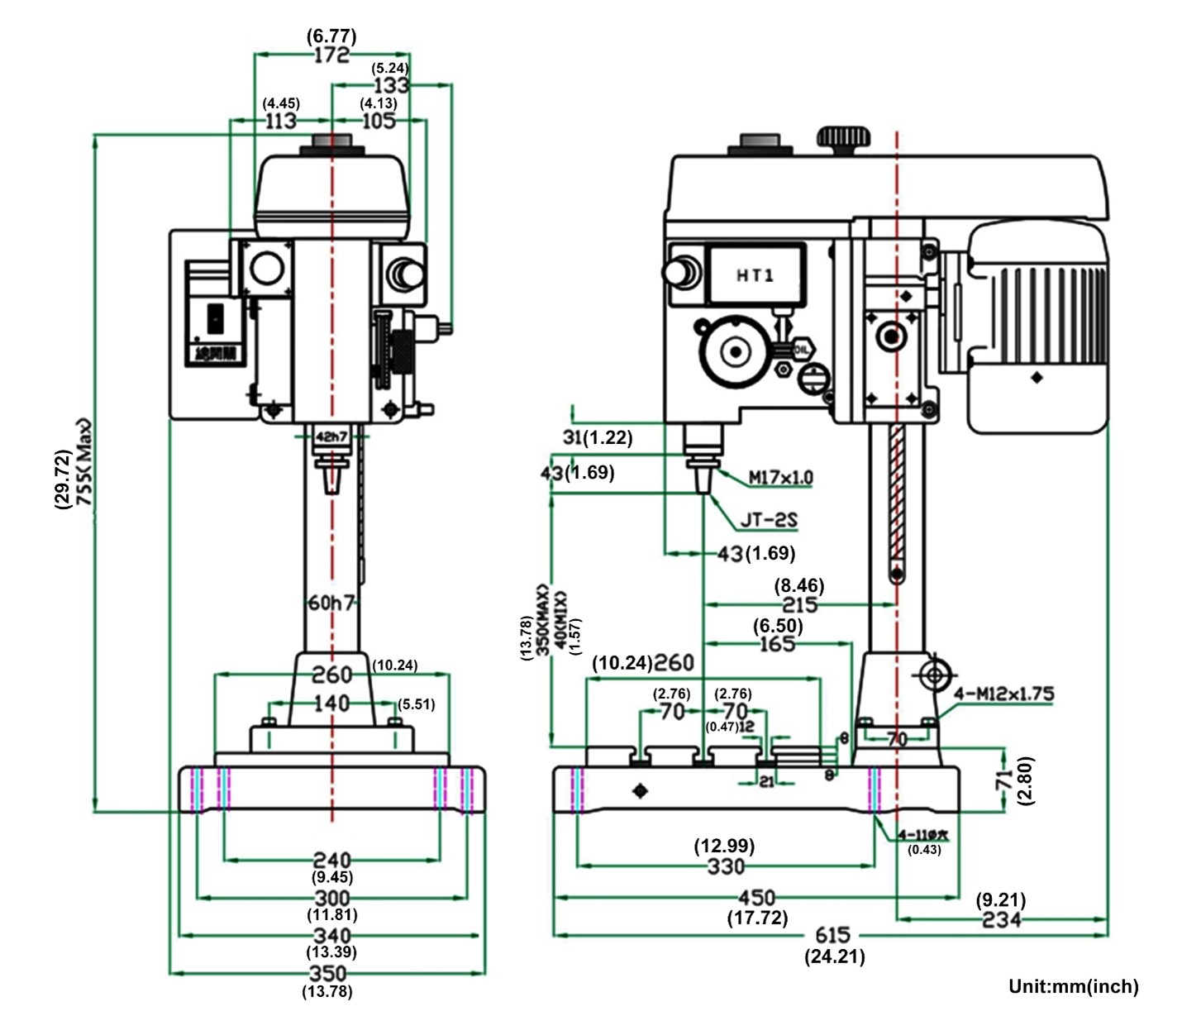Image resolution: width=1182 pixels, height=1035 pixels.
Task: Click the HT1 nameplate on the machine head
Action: tap(755, 274)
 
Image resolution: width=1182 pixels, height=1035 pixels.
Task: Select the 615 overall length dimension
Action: tap(832, 935)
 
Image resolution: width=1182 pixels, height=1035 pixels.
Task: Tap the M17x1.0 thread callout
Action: tap(780, 477)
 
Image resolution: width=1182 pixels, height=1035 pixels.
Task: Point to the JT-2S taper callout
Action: tap(768, 520)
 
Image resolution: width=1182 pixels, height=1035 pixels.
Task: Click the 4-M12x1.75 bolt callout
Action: tap(1003, 694)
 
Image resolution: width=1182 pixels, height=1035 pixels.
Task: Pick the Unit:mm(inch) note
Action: tap(1073, 986)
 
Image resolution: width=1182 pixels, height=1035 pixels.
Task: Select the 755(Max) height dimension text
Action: tap(85, 463)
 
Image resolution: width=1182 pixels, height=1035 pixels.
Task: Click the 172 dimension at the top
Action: tap(331, 55)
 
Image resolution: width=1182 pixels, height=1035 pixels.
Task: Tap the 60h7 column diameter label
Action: tap(331, 603)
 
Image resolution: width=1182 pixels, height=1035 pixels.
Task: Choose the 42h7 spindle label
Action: tap(331, 436)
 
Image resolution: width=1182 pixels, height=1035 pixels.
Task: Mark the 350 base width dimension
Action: tap(327, 973)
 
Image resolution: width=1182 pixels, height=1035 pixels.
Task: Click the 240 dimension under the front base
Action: tap(331, 861)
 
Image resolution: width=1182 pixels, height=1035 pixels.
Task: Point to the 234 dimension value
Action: tap(1001, 919)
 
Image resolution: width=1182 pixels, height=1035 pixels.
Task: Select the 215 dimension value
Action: tap(799, 605)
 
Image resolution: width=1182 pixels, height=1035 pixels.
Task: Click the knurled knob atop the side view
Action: tap(843, 139)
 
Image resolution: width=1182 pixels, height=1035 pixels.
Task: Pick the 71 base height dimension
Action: tap(1003, 779)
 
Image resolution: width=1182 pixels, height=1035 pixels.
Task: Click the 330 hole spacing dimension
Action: tap(725, 866)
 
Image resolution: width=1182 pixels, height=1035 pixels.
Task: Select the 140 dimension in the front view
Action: tap(331, 704)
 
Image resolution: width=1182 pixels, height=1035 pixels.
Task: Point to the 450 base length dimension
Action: tap(756, 898)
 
